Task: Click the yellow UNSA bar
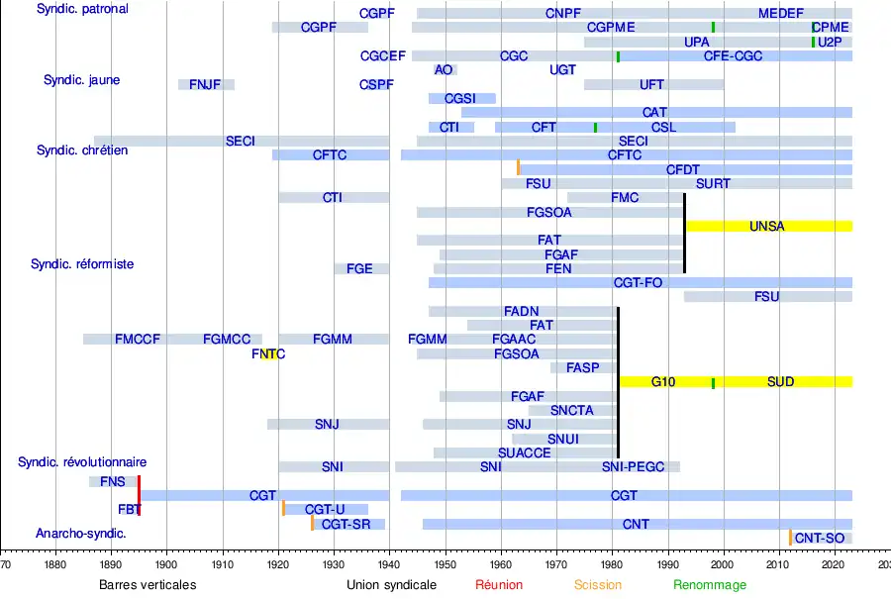(x=768, y=226)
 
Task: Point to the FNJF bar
(x=206, y=84)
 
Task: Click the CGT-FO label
(x=638, y=283)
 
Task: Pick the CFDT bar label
(x=683, y=170)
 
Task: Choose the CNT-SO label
(x=820, y=539)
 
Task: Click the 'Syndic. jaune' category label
(x=81, y=80)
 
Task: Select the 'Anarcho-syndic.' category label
(x=81, y=534)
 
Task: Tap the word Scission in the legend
(x=598, y=585)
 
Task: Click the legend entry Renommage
(x=710, y=585)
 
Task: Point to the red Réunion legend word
(x=499, y=585)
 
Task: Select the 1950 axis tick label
(x=445, y=565)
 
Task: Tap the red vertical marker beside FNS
(x=139, y=495)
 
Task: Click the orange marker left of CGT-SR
(x=312, y=523)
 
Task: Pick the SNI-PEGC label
(x=634, y=467)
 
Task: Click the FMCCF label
(x=138, y=340)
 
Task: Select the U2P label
(x=830, y=43)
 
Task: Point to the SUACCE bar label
(x=524, y=453)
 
